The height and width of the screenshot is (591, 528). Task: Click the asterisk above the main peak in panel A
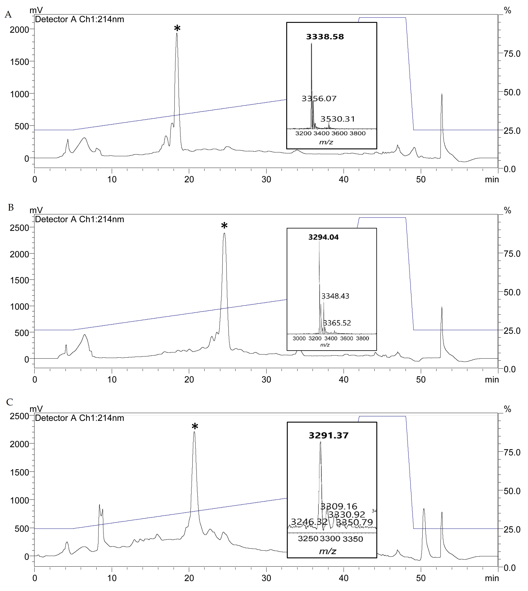click(177, 28)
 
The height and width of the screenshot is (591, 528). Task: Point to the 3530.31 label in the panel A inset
click(337, 119)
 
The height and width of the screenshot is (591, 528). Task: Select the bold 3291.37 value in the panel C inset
click(328, 435)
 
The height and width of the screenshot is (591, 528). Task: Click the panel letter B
click(11, 208)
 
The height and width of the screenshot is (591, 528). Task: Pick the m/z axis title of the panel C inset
click(328, 551)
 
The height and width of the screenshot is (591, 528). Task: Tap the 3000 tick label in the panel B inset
click(299, 338)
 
